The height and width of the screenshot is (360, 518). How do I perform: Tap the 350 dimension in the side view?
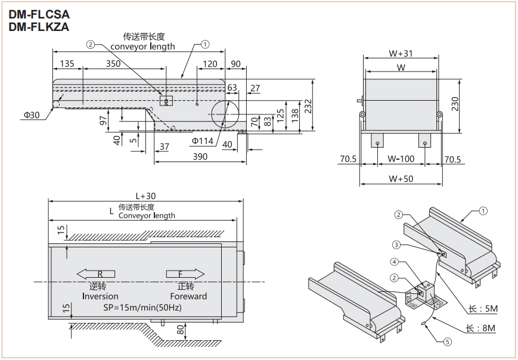point(113,63)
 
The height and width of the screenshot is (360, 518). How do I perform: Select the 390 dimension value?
point(200,157)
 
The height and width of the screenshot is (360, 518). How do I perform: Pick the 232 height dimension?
point(308,105)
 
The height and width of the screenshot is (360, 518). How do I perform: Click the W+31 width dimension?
point(401,53)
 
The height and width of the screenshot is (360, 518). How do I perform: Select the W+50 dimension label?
point(401,178)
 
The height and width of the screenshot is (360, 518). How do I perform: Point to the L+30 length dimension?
point(145,195)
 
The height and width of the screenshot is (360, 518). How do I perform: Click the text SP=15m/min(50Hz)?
point(140,308)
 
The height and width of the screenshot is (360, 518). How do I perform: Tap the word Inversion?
point(100,296)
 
